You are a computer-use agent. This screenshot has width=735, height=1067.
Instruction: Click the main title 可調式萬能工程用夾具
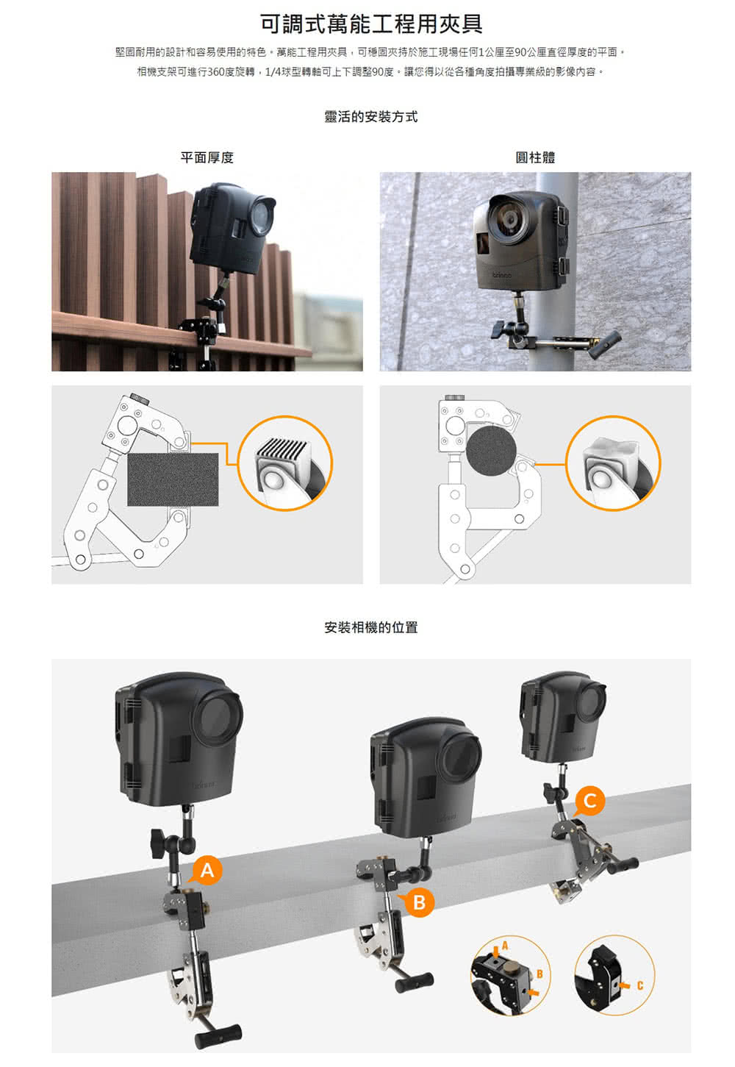click(371, 24)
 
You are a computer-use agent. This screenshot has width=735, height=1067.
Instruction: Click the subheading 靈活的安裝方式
click(371, 117)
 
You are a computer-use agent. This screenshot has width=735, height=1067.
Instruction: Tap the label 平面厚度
click(207, 157)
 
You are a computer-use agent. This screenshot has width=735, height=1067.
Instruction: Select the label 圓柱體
click(535, 157)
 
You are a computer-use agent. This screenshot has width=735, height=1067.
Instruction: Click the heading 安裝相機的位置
click(371, 628)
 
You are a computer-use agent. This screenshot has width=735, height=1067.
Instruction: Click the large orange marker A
click(207, 870)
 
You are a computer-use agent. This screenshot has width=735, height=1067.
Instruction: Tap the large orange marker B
click(418, 902)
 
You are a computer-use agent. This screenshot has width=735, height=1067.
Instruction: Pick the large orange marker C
click(589, 801)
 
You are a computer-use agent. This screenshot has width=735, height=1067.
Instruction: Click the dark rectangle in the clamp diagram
click(173, 479)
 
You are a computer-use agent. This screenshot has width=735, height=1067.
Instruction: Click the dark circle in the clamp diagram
click(491, 450)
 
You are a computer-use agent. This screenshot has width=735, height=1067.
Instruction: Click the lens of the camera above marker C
click(593, 702)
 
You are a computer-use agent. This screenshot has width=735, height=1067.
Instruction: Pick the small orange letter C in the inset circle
click(640, 985)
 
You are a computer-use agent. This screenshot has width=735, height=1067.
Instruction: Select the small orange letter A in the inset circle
click(505, 946)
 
